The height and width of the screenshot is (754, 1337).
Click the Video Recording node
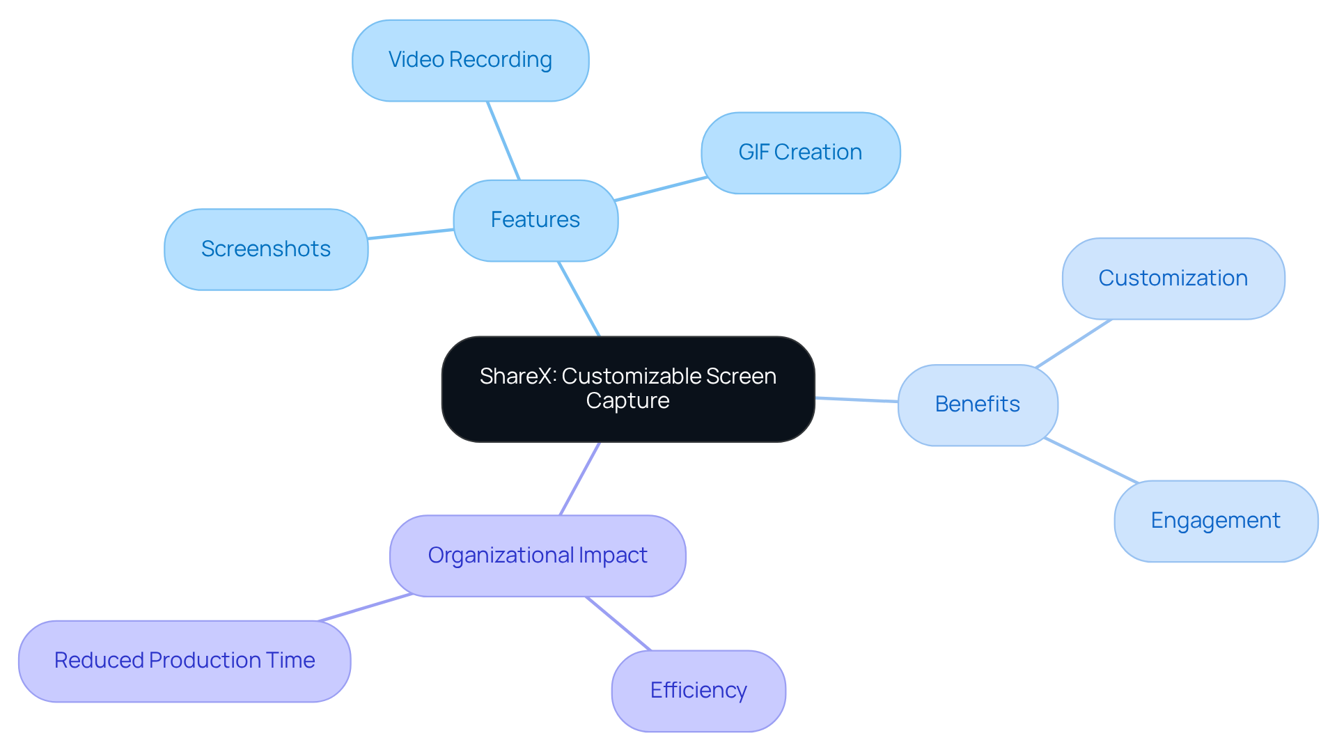click(470, 61)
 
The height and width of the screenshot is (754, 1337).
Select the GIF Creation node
click(800, 152)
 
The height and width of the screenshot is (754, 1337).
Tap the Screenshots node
click(265, 249)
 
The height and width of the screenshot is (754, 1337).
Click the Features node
click(535, 220)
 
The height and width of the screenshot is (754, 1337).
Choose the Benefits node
click(977, 405)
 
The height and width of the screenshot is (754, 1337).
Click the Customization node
click(1173, 278)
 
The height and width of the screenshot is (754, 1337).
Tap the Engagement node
click(1215, 521)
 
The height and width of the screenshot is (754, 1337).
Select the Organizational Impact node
click(537, 556)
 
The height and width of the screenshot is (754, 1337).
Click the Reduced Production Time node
click(185, 661)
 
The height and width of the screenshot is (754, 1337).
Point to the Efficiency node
click(698, 691)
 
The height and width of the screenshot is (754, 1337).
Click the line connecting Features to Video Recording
click(503, 141)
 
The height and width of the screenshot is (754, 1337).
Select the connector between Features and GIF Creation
click(660, 189)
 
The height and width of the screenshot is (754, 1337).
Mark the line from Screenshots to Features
click(411, 234)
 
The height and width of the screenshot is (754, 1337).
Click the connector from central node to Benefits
click(857, 400)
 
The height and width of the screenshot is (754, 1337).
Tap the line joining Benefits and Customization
click(1073, 344)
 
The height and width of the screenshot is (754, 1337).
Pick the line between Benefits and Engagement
click(1090, 460)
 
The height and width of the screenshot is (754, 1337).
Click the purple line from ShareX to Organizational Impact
click(580, 478)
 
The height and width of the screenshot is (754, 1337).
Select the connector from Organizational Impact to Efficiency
click(618, 623)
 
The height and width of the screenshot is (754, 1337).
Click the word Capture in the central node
click(627, 401)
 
